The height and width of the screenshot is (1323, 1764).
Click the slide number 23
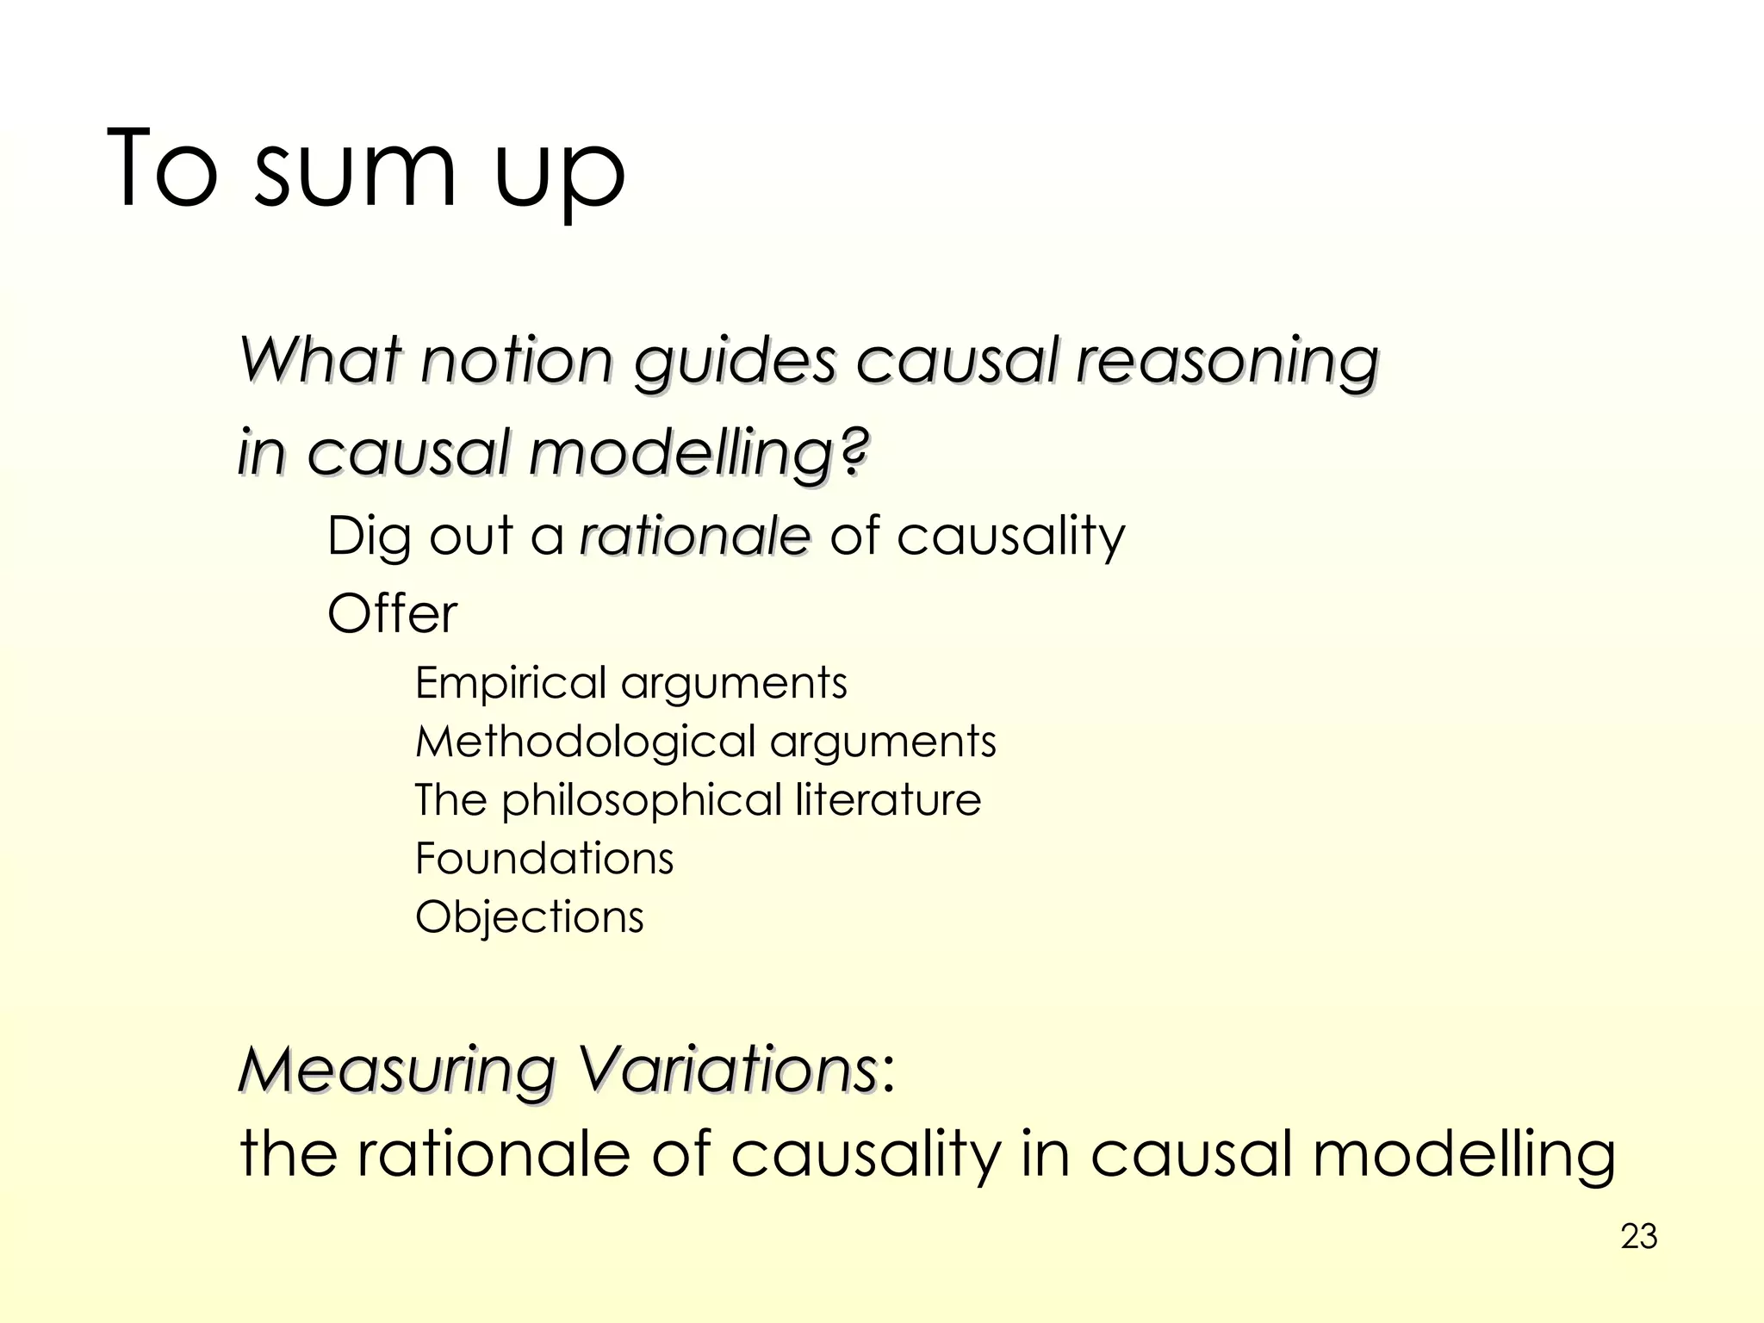click(1638, 1237)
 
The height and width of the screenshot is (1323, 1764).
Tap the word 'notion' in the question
click(517, 359)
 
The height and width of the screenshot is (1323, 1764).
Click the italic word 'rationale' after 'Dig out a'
click(695, 536)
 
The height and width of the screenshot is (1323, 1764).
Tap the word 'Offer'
click(392, 613)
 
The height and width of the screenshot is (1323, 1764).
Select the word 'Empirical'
click(511, 683)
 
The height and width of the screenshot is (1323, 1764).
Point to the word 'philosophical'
click(642, 801)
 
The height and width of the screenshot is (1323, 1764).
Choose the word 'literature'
click(887, 799)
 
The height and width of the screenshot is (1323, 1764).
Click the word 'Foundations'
click(544, 859)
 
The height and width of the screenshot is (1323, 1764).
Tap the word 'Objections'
click(529, 917)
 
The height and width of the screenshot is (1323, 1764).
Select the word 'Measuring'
click(396, 1071)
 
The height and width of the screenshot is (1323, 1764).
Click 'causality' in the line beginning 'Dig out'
click(1010, 537)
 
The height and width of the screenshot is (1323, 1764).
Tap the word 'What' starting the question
click(320, 359)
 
